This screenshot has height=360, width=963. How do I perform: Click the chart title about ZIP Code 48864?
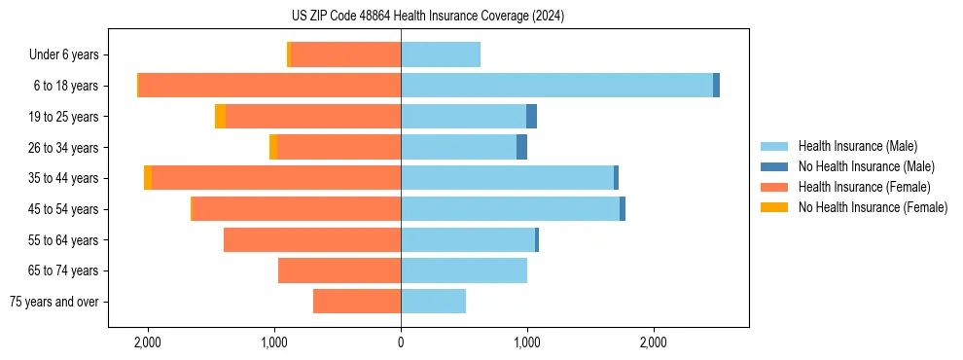[x=427, y=17]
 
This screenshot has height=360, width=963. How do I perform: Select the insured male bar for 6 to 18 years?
[x=556, y=86]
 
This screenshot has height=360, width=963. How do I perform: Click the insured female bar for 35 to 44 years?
[x=276, y=178]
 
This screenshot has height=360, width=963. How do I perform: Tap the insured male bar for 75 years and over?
[x=433, y=302]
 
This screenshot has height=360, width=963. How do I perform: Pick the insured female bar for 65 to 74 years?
[x=339, y=270]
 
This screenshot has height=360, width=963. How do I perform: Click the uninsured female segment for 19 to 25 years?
[x=220, y=117]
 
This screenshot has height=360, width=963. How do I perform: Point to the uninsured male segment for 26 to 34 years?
[x=521, y=147]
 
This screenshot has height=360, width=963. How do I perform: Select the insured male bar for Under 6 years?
[x=441, y=54]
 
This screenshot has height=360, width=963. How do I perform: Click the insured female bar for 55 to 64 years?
[x=312, y=239]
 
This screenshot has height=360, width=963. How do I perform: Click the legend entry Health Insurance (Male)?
[x=857, y=146]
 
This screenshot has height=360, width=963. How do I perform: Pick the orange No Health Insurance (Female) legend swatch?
[x=775, y=207]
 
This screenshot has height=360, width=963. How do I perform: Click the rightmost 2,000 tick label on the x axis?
[x=654, y=342]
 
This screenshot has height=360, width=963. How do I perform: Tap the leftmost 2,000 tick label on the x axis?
[x=148, y=342]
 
